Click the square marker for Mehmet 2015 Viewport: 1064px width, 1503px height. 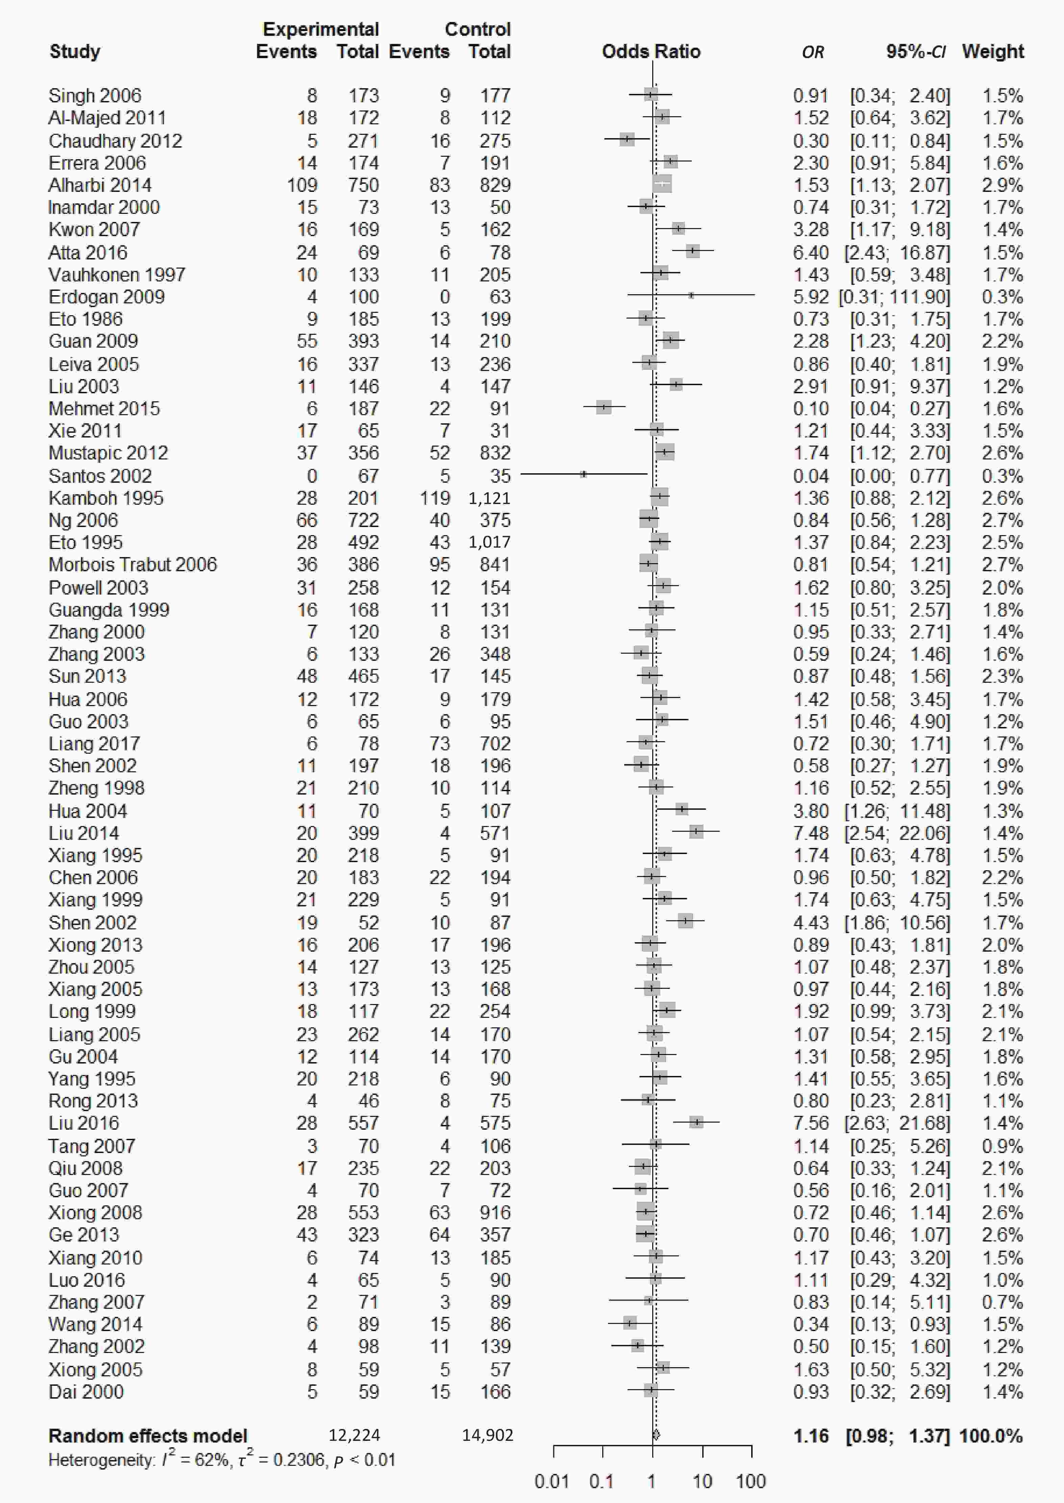coord(603,407)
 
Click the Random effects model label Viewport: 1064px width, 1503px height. coord(147,1436)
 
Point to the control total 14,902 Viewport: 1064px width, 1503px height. coord(487,1435)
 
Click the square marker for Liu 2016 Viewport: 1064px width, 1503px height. coord(696,1122)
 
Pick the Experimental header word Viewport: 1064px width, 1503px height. coord(320,29)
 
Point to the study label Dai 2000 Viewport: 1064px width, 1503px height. coord(86,1392)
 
